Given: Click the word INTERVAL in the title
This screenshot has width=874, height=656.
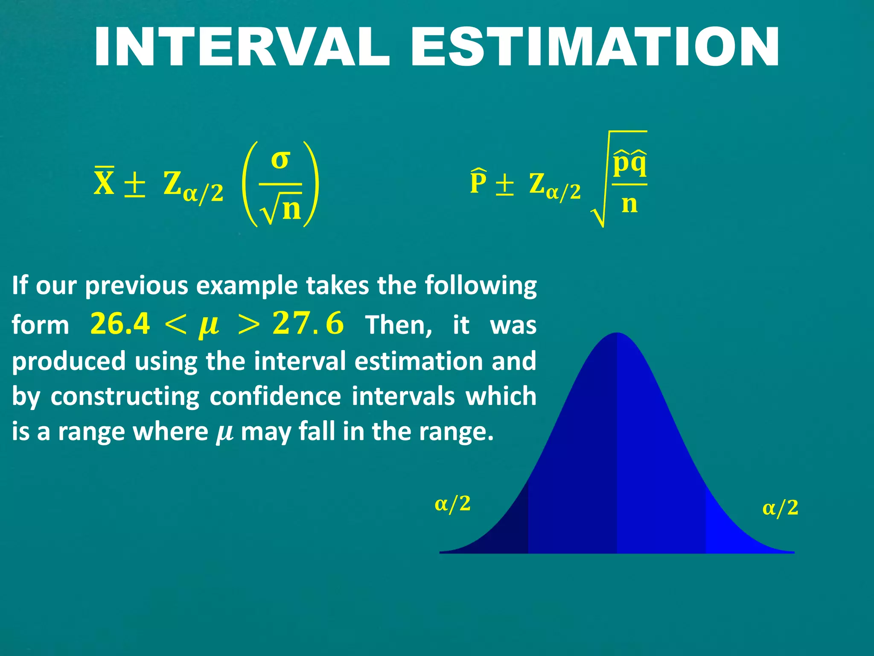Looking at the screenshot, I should click(242, 47).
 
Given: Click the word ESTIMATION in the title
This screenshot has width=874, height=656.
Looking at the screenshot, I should click(595, 47).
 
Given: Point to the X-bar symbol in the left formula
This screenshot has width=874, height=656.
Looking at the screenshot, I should click(104, 182).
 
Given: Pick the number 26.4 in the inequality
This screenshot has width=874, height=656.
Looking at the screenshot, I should click(120, 323).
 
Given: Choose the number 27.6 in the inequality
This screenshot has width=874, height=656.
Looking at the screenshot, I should click(308, 323).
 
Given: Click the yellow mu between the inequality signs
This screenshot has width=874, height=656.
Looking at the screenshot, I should click(209, 325).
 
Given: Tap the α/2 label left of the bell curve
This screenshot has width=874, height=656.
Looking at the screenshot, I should click(453, 504).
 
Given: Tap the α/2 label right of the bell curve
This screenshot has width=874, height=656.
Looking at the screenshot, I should click(780, 508).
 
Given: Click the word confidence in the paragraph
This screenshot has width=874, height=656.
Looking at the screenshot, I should click(275, 396).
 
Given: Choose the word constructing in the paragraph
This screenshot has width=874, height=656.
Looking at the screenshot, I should click(125, 396).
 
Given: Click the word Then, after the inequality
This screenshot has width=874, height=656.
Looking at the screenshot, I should click(399, 325).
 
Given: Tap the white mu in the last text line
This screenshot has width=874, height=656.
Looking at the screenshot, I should click(224, 432).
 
